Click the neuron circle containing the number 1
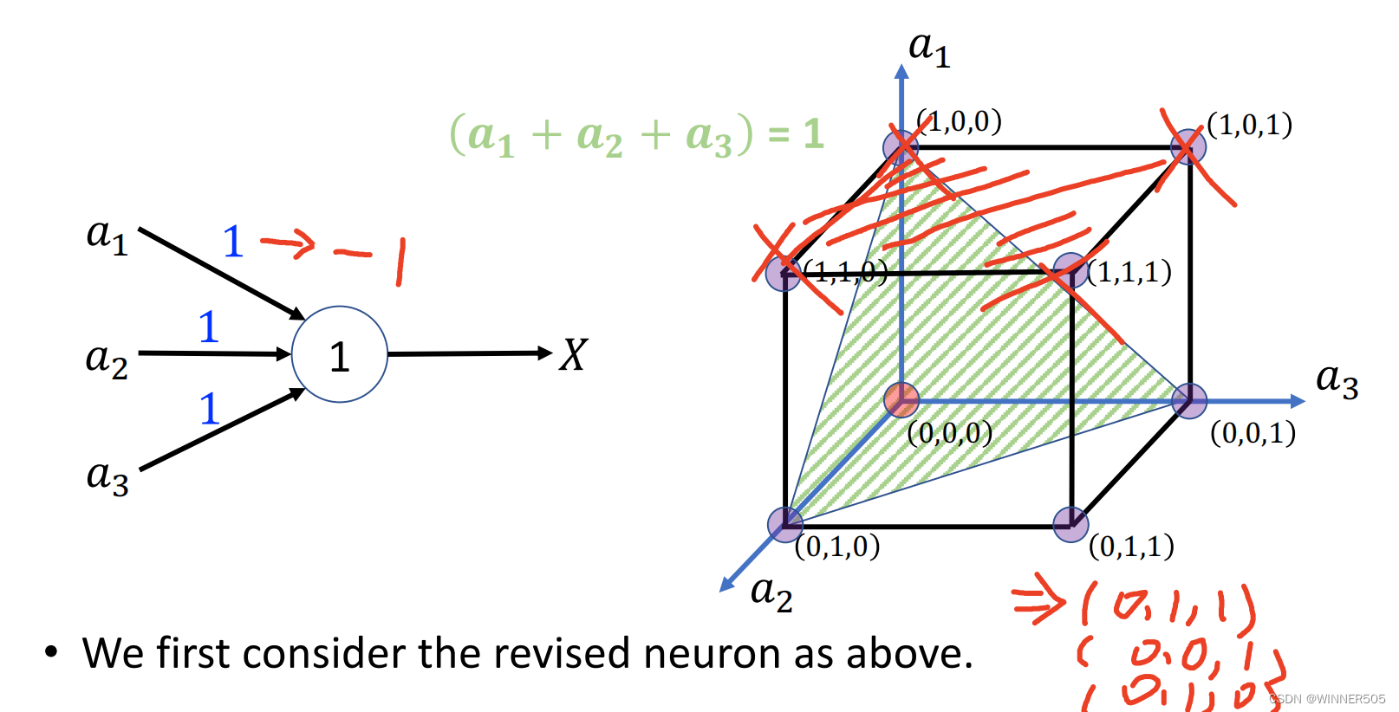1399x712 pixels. coord(339,354)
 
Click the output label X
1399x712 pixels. coord(573,355)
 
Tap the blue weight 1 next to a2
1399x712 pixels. coord(208,327)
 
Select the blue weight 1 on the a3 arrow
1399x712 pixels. coord(209,409)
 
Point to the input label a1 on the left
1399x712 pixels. coord(107,236)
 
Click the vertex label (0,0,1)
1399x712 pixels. coord(1253,432)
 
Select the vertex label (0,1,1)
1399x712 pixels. coord(1131,547)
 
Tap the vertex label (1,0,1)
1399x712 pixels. coord(1249,126)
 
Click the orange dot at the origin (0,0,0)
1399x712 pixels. coord(901,400)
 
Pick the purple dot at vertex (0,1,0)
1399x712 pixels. coord(785,524)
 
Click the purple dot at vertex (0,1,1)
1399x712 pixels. coord(1070,524)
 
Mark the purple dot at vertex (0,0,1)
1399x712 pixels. coord(1189,401)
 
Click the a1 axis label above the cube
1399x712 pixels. coord(928,49)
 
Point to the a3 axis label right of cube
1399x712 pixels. coord(1336,379)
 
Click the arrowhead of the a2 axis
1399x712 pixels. coord(726,585)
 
